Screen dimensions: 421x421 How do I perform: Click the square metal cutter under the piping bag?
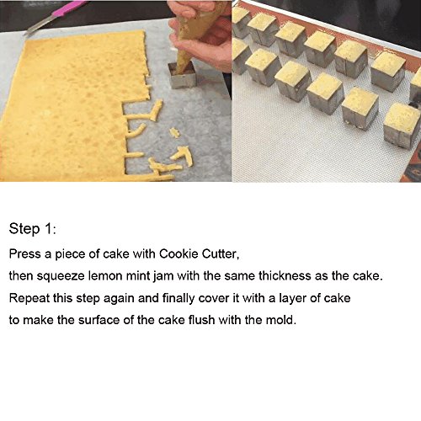click(x=182, y=75)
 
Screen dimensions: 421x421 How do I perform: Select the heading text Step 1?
click(x=33, y=229)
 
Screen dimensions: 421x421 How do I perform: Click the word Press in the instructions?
click(x=25, y=254)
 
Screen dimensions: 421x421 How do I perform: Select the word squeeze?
click(x=61, y=276)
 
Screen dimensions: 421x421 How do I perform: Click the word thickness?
click(x=285, y=276)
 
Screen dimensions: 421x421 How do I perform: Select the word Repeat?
click(x=29, y=298)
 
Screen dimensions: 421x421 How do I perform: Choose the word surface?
click(x=99, y=320)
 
